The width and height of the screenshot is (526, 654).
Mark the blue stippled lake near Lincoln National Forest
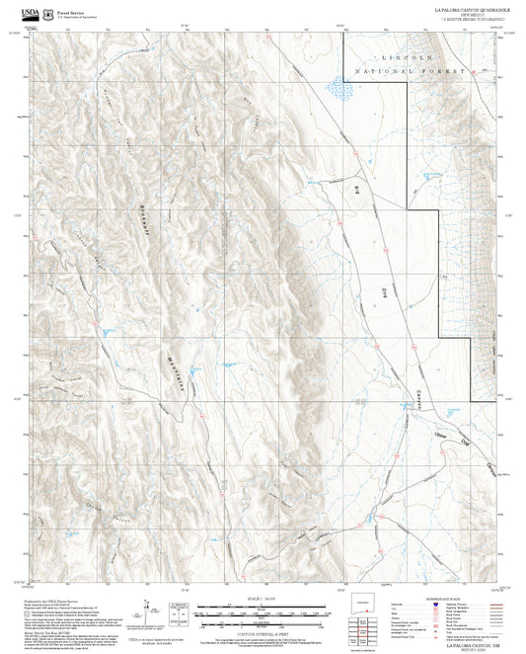[339, 91]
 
